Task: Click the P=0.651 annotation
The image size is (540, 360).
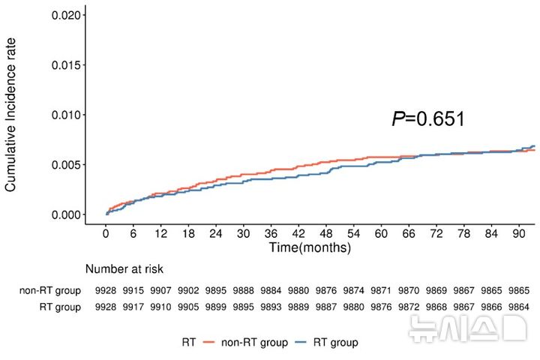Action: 428,118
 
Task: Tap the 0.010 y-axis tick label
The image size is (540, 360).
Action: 67,115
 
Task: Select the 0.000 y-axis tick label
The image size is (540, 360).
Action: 67,214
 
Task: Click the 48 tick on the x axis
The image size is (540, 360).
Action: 325,233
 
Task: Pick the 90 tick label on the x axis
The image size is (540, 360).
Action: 519,233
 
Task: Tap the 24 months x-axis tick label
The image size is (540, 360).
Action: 215,233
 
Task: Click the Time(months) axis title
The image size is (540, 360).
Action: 310,247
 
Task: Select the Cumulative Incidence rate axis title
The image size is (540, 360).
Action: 10,115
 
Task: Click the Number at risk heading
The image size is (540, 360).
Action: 124,269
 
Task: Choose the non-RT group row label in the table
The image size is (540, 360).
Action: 50,290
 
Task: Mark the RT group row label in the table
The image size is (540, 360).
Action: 60,307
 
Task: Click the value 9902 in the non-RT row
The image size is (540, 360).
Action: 188,290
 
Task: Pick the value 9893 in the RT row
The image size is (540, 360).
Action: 271,307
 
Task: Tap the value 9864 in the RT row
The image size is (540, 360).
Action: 519,307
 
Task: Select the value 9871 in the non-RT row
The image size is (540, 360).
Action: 381,290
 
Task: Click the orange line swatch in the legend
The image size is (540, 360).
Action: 208,342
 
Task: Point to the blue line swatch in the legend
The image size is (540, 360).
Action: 301,342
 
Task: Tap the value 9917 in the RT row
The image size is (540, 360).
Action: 133,307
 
